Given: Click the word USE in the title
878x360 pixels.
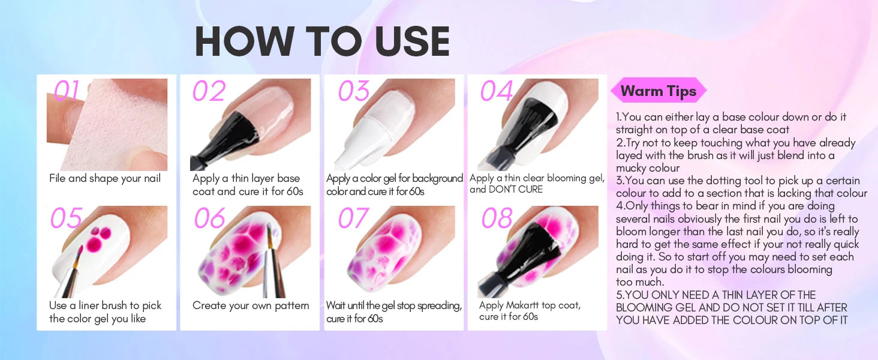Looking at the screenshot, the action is coord(412,41).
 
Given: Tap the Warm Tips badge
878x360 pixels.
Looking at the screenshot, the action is coord(659,91).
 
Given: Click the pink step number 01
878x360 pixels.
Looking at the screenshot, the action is coord(67,91).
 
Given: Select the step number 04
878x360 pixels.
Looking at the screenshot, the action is coord(497,91).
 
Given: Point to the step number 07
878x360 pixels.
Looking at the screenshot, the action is coord(353,218).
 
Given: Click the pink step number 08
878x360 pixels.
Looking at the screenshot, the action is coord(497,218).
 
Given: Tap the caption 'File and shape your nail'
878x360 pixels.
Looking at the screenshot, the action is coord(105,178).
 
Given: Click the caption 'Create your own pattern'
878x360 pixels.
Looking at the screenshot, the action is coord(251,305).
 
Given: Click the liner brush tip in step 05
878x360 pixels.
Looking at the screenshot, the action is coord(80,248).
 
